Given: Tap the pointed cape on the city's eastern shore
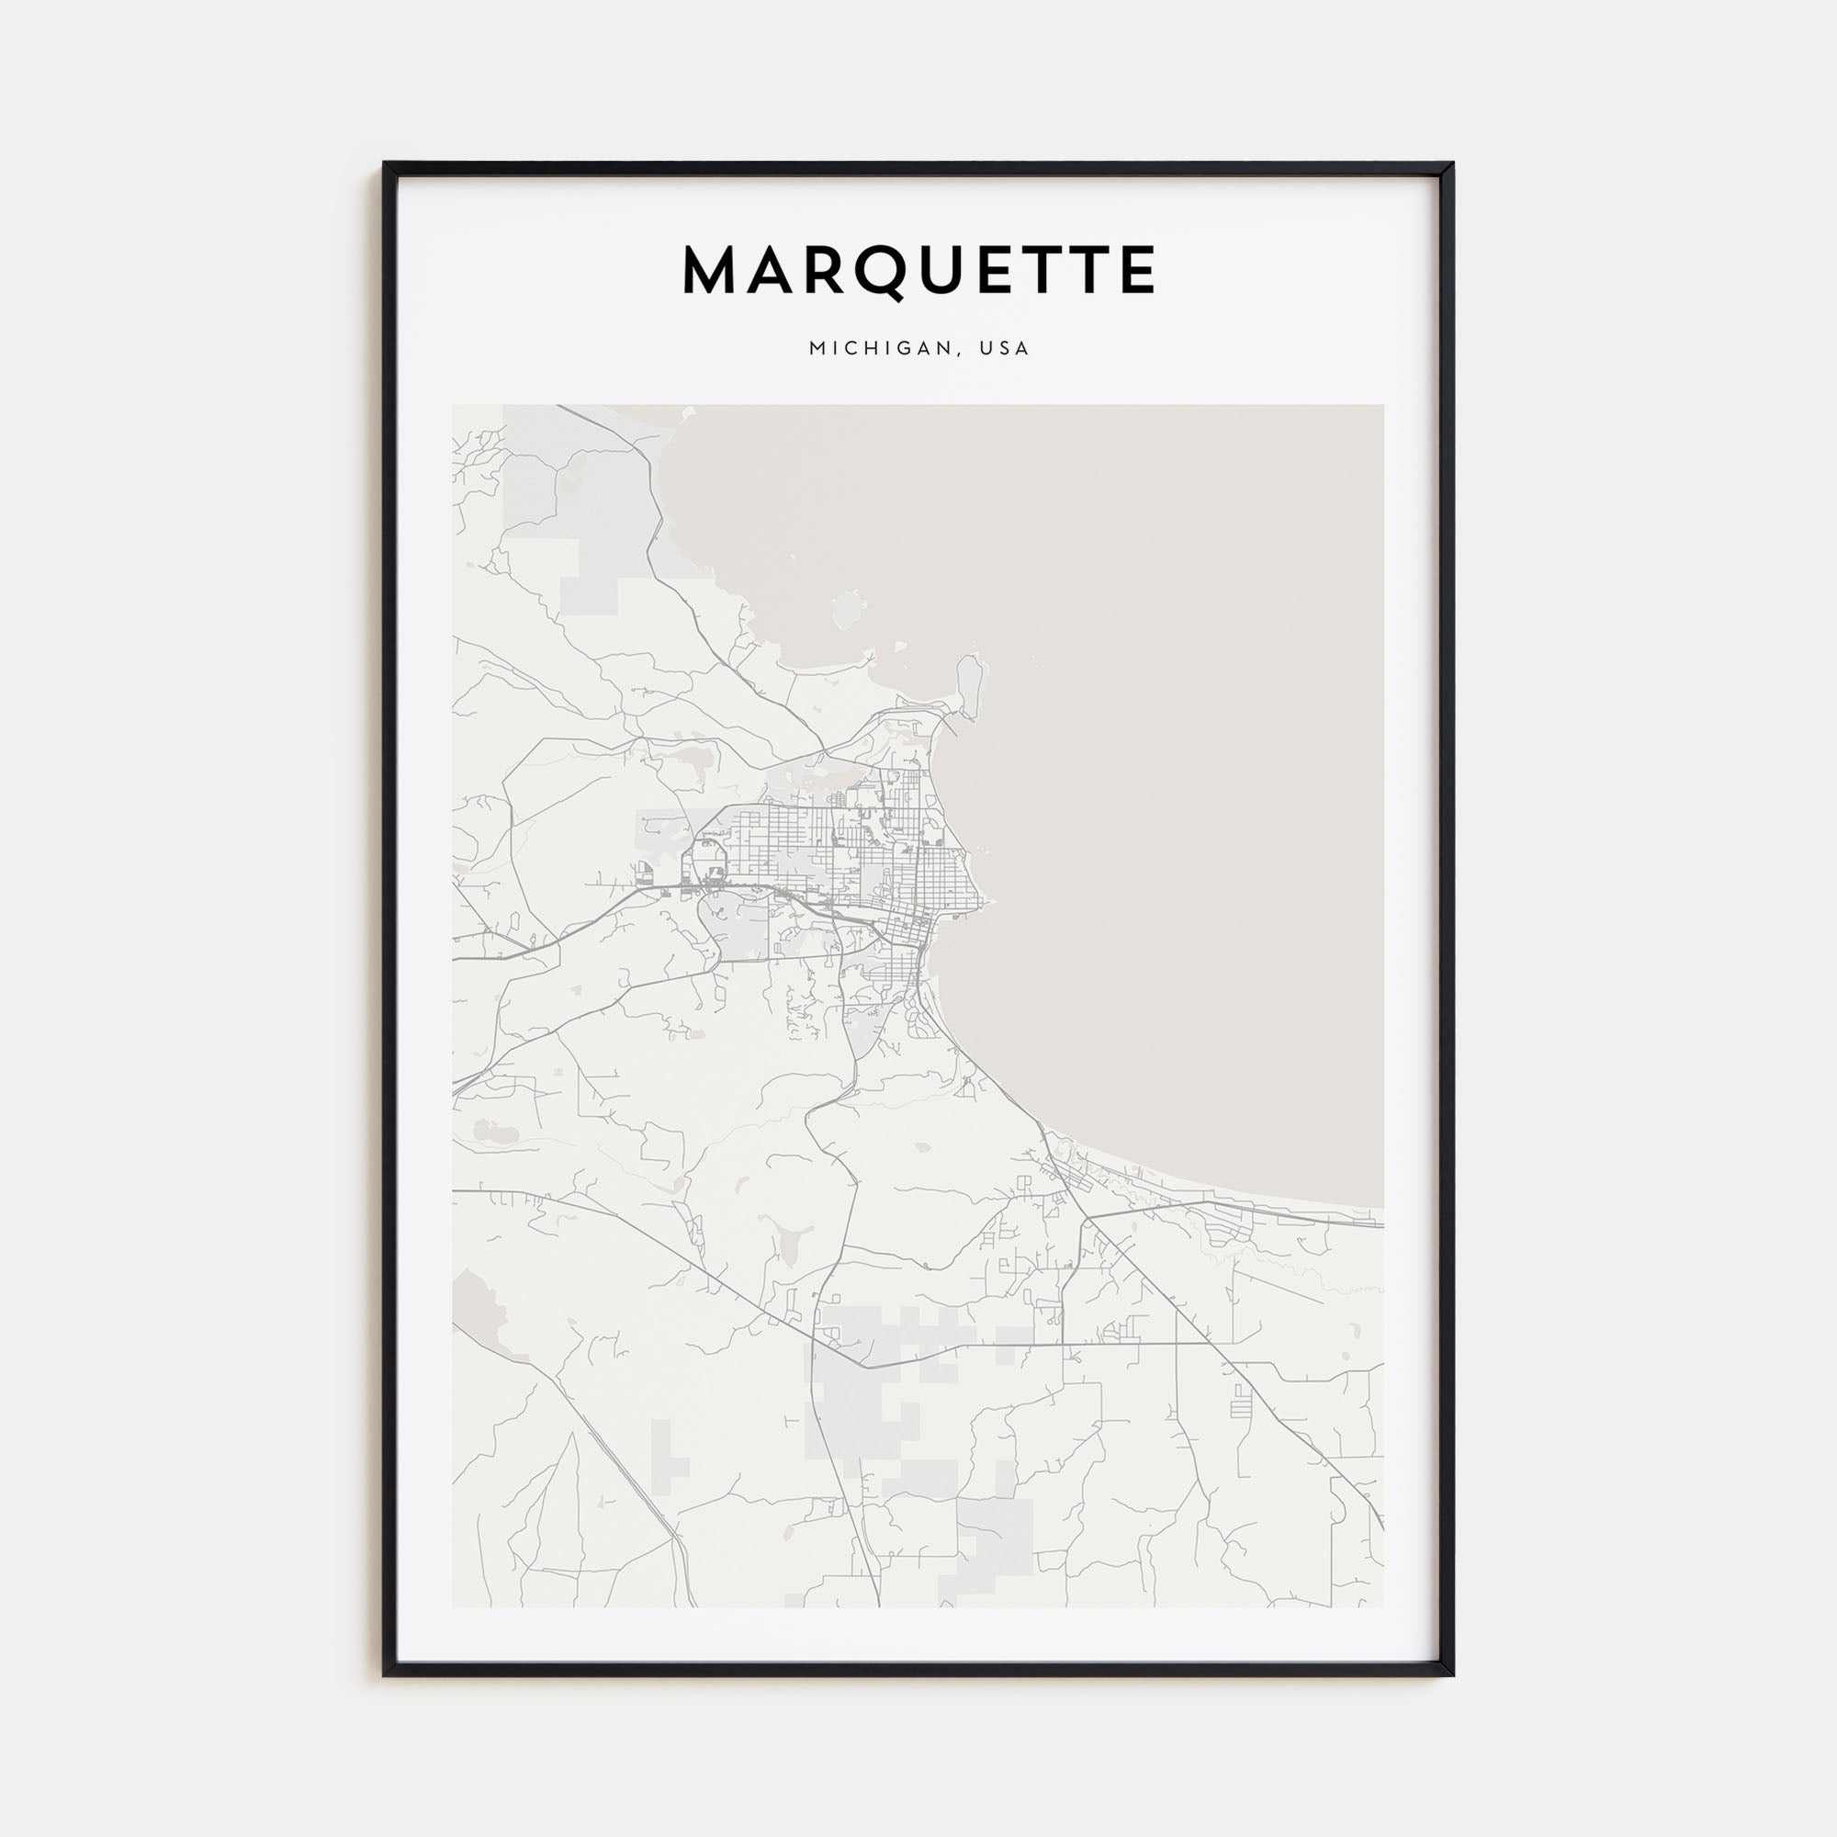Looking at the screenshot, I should [x=987, y=901].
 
